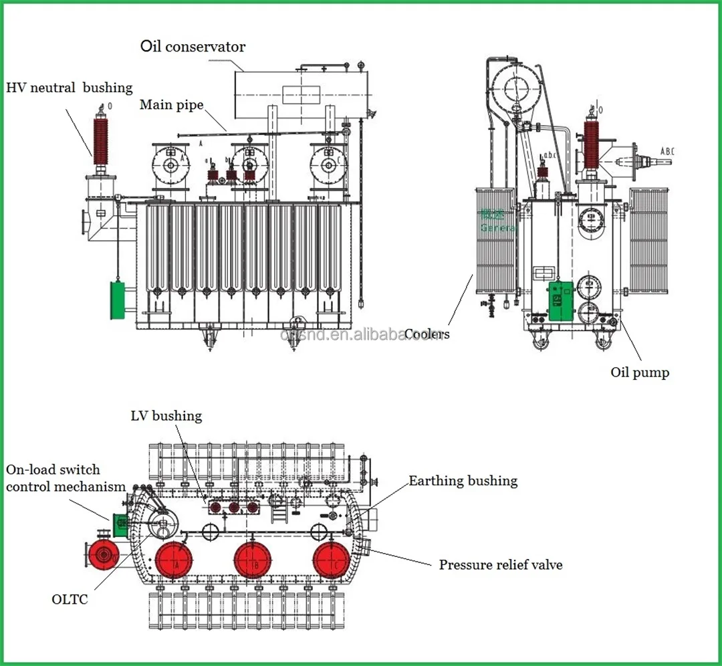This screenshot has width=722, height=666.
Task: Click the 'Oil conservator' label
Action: [193, 47]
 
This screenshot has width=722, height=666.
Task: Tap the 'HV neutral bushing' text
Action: [70, 88]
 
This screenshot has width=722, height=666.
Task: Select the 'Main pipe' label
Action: [172, 105]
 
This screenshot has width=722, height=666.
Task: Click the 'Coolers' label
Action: [427, 334]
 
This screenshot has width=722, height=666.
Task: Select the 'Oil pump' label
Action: [640, 372]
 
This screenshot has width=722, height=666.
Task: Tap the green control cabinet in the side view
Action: [560, 302]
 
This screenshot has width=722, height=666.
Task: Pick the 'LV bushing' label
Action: [166, 416]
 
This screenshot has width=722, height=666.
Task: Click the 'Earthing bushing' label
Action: [463, 481]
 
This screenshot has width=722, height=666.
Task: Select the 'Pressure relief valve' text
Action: [501, 565]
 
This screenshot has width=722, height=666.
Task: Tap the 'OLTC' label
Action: [70, 599]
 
